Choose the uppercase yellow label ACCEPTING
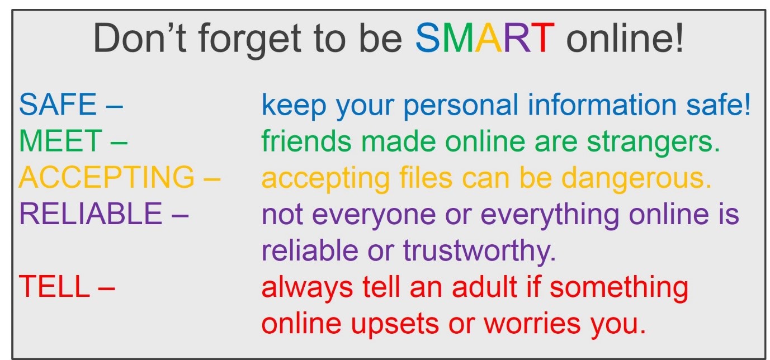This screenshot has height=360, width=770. click(x=106, y=178)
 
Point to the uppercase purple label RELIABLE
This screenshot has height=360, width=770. click(x=90, y=215)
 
